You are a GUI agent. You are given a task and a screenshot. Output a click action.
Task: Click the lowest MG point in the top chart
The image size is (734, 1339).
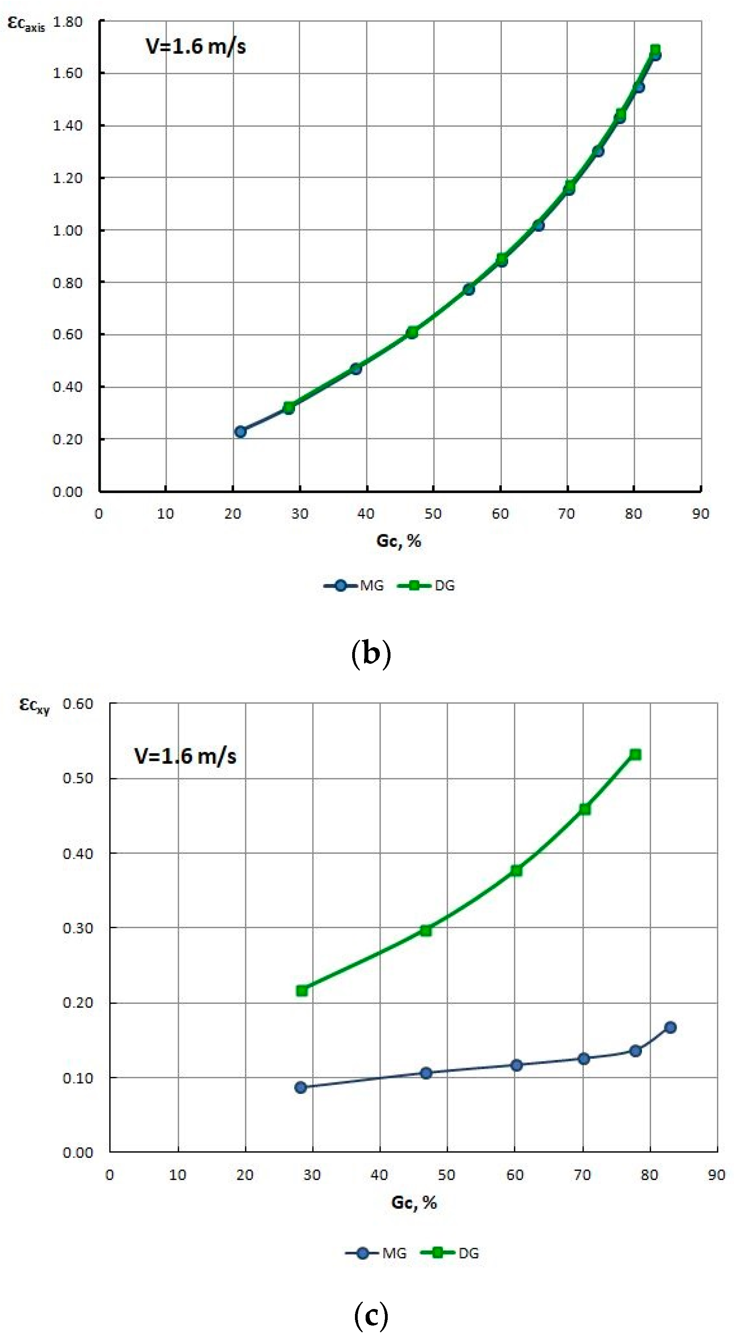(x=240, y=432)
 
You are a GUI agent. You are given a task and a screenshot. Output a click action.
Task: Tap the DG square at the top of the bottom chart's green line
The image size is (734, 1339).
(x=635, y=754)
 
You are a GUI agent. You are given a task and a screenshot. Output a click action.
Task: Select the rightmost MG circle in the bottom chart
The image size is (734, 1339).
(x=670, y=1027)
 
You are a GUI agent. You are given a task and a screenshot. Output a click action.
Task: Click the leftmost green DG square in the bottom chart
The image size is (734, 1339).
(x=302, y=991)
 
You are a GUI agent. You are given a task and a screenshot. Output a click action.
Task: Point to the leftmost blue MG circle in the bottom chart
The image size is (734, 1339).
(x=300, y=1087)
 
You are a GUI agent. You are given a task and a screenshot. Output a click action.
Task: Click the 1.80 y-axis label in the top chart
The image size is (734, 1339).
(x=68, y=22)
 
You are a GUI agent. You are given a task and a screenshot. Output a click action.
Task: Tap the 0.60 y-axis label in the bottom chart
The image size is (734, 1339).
(x=78, y=704)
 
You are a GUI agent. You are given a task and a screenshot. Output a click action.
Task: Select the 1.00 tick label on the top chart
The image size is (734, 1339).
(x=68, y=230)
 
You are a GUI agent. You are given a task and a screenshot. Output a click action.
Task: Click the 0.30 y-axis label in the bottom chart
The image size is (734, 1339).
(x=78, y=928)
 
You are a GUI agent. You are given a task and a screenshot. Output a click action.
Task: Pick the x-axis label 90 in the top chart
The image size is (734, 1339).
(x=700, y=514)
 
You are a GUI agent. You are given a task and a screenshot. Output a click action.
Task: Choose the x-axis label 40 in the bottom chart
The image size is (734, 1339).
(x=379, y=1175)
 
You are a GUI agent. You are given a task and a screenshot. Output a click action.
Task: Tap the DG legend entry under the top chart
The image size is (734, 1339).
(x=427, y=586)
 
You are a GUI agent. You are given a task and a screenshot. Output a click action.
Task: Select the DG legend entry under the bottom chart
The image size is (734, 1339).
(x=450, y=1253)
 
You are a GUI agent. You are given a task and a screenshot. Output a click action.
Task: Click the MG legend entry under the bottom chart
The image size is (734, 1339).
(x=376, y=1253)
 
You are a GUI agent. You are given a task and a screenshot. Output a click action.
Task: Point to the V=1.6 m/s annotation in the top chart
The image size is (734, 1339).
(x=195, y=47)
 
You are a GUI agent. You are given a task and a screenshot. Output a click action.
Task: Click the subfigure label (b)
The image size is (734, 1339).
(x=371, y=654)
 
